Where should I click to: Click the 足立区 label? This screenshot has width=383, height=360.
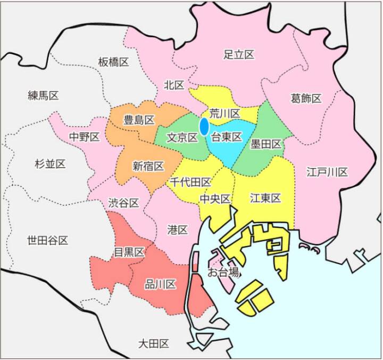click(239, 54)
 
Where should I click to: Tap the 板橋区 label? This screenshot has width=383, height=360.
click(113, 62)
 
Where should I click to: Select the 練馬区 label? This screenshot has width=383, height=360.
click(43, 96)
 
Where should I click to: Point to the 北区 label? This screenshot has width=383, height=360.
click(174, 85)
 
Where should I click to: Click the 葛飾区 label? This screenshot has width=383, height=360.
click(306, 99)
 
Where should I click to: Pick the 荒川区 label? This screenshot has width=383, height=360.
click(225, 113)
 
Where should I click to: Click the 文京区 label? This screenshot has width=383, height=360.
click(182, 137)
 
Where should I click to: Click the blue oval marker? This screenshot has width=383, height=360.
click(204, 127)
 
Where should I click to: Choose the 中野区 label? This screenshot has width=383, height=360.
click(85, 137)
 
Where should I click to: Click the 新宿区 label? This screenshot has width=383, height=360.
click(148, 166)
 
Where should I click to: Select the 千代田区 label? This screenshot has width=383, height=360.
click(191, 182)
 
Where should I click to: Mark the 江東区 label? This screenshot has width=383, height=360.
click(265, 198)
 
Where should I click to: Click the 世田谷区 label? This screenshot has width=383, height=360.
click(47, 241)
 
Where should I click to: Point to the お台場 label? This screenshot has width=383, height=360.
click(223, 274)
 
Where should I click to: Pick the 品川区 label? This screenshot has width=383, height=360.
click(160, 285)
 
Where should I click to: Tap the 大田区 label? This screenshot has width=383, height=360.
click(153, 343)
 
